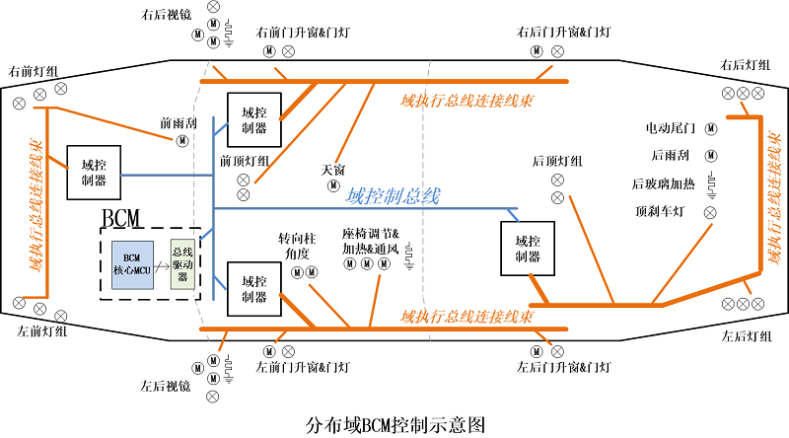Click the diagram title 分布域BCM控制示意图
pyautogui.click(x=395, y=424)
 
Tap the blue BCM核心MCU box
pyautogui.click(x=132, y=264)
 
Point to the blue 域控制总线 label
pyautogui.click(x=393, y=195)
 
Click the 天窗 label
pyautogui.click(x=333, y=170)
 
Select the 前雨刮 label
pyautogui.click(x=179, y=125)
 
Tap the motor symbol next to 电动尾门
pyautogui.click(x=711, y=128)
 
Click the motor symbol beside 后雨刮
pyautogui.click(x=711, y=155)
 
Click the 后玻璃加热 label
pyautogui.click(x=664, y=183)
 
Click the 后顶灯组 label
pyautogui.click(x=557, y=160)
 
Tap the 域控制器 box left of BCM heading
pyautogui.click(x=95, y=173)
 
